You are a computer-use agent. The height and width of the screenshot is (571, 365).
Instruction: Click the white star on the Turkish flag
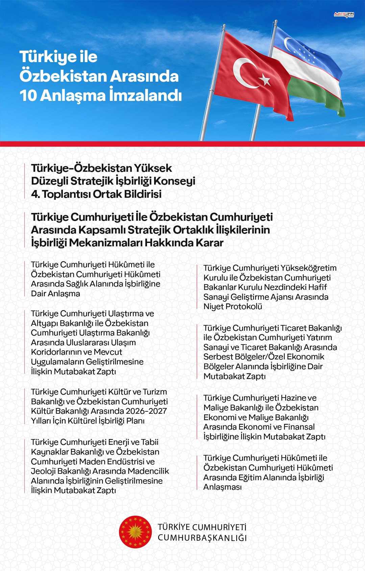(265, 80)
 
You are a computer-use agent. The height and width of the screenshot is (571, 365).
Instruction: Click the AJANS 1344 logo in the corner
(344, 15)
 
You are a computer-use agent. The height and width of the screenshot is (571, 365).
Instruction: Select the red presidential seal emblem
(136, 532)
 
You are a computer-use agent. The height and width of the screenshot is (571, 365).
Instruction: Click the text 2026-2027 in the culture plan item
(146, 411)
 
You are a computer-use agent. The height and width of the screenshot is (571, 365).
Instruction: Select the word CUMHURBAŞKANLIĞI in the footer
(202, 538)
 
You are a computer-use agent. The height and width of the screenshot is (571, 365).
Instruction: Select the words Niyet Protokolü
(233, 306)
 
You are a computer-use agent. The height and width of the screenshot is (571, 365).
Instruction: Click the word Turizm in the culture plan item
(155, 392)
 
